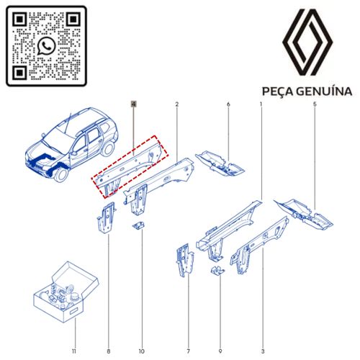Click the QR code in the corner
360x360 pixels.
[46, 46]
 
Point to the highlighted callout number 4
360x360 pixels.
[133, 104]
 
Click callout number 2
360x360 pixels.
[176, 105]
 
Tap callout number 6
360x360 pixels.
[228, 105]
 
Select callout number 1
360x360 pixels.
[260, 105]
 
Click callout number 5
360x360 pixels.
[314, 105]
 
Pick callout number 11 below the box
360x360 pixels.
[73, 331]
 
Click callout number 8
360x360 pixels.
[108, 331]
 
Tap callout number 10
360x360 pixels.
[141, 331]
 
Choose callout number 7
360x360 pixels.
[188, 331]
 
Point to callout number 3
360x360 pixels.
[263, 331]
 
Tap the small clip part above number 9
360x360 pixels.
[215, 271]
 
